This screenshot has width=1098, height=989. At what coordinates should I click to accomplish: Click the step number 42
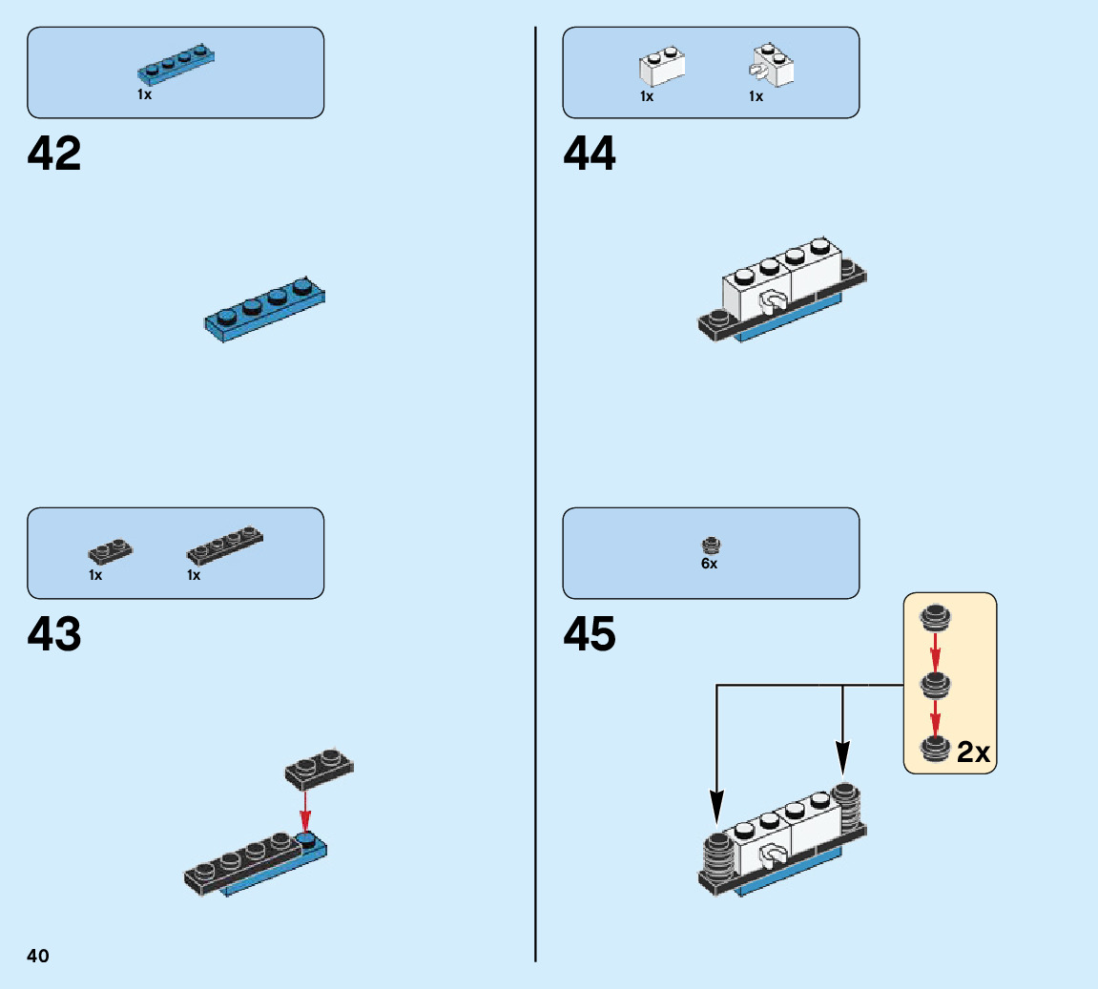[54, 154]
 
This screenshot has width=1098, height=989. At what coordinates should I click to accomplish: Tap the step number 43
[54, 635]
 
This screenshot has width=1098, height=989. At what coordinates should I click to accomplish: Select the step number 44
[590, 154]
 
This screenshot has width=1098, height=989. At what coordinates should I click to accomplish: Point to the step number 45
[590, 635]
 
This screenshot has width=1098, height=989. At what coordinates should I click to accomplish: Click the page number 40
[38, 956]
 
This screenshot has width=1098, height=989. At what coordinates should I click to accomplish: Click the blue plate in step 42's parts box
[176, 62]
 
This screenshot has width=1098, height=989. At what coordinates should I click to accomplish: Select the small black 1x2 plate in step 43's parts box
[111, 551]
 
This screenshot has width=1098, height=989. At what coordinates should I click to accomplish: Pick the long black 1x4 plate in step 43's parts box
[225, 545]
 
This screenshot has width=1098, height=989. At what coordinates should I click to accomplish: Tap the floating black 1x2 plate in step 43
[319, 769]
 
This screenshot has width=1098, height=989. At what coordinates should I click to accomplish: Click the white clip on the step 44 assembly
[770, 304]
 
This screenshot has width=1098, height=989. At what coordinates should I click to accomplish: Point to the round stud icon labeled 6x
[710, 546]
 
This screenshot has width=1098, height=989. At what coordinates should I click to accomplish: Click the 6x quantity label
[709, 565]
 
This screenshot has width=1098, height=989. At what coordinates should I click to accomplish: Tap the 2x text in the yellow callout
[974, 753]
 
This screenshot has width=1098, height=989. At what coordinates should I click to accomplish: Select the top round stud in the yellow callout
[935, 618]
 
